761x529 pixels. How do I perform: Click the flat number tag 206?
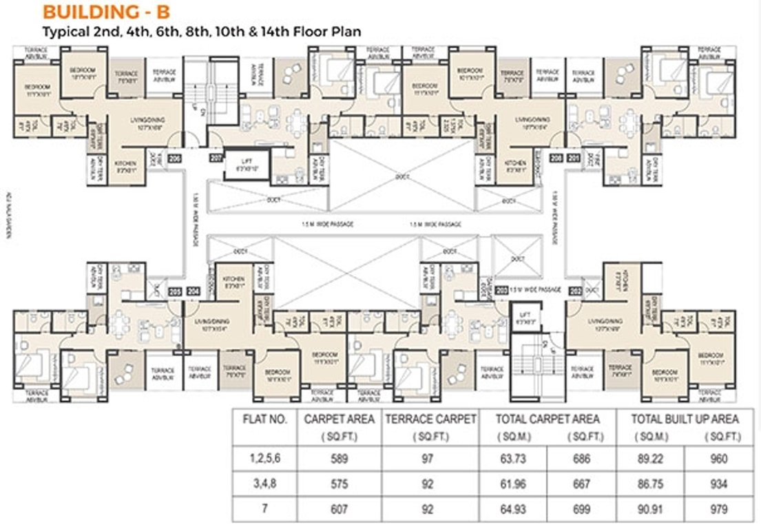click(174, 158)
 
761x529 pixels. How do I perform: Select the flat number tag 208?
click(555, 158)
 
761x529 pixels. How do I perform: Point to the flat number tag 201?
click(574, 158)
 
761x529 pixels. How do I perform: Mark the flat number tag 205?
click(175, 291)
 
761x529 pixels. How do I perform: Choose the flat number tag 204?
click(194, 291)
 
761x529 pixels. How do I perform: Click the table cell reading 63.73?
click(513, 459)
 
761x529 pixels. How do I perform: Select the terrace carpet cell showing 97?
click(429, 459)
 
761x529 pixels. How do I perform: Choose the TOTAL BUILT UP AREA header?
click(686, 418)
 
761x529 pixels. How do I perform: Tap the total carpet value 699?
click(581, 509)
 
